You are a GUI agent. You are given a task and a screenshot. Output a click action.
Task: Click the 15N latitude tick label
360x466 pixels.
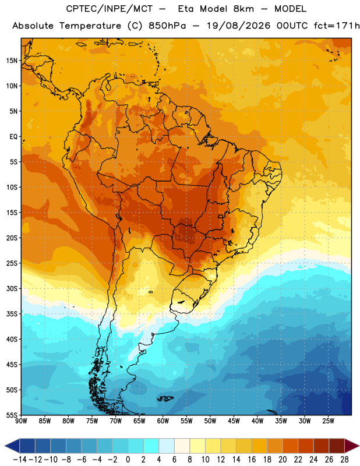click(x=12, y=61)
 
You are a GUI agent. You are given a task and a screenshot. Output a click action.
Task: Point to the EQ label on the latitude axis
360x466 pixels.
click(x=13, y=137)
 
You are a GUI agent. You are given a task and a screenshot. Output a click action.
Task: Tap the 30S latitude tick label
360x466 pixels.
click(x=12, y=288)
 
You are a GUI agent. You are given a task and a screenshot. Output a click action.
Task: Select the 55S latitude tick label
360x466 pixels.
click(x=12, y=415)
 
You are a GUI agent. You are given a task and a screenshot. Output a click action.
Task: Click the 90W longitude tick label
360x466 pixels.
click(x=21, y=421)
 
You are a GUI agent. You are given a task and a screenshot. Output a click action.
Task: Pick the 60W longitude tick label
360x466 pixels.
click(x=163, y=421)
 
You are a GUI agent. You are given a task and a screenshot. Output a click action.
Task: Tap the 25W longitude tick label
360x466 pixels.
click(x=328, y=421)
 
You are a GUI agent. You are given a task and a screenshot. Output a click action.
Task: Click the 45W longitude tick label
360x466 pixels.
click(x=234, y=421)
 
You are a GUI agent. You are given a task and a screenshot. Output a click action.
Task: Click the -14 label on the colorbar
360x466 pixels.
click(x=20, y=460)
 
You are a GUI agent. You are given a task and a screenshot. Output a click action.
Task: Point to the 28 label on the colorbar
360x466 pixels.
click(x=344, y=460)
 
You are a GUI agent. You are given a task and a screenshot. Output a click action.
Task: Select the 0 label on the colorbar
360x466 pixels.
click(x=128, y=460)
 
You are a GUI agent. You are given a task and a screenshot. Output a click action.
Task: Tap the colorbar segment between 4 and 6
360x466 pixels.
click(x=167, y=446)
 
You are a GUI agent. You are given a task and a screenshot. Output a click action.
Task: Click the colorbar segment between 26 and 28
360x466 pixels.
click(x=337, y=446)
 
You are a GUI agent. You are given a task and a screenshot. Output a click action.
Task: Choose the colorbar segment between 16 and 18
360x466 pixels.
click(x=259, y=446)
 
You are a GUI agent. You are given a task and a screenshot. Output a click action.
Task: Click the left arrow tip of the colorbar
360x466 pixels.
click(x=5, y=446)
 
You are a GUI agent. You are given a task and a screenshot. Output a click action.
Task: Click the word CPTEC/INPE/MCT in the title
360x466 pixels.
click(x=110, y=9)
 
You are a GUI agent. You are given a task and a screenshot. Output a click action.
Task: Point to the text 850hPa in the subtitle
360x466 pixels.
click(x=167, y=26)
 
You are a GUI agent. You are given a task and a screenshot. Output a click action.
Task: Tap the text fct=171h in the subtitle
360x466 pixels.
click(x=337, y=26)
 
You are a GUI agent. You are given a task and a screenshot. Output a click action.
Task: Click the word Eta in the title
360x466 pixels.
click(x=186, y=9)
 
